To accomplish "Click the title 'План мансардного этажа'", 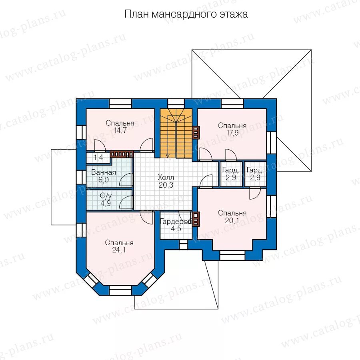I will tap(186, 14).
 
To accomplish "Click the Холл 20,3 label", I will tap(166, 181).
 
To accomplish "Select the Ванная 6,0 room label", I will tap(104, 176).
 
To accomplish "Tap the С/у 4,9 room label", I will tap(105, 199).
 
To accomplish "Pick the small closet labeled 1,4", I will tap(98, 158).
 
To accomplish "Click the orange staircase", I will tap(176, 134).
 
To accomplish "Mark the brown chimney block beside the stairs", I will tap(196, 132).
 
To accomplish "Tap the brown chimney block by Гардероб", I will tap(196, 219).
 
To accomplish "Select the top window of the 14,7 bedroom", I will tap(120, 104).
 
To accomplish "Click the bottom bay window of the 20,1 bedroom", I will tap(232, 254).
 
